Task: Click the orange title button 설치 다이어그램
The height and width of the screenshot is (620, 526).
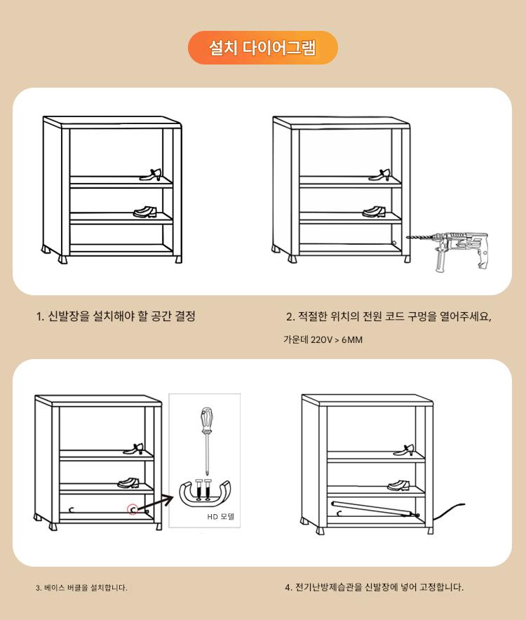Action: [x=262, y=48]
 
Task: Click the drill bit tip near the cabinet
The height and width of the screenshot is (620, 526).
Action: [x=407, y=238]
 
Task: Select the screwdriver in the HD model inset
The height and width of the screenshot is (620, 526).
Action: [x=206, y=440]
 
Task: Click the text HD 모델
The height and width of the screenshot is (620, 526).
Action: [x=221, y=516]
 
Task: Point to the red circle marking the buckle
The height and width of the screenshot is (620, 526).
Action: [x=133, y=510]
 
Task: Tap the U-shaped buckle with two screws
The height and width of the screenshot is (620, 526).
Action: [x=205, y=492]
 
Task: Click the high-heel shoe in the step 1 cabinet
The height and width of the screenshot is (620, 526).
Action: [x=151, y=175]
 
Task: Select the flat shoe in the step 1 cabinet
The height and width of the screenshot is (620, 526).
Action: [x=144, y=213]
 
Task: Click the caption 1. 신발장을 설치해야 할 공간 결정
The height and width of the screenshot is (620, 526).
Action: [x=116, y=316]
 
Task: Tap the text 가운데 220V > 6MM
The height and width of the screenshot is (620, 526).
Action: [x=323, y=339]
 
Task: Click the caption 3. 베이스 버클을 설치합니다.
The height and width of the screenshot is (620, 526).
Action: [x=81, y=588]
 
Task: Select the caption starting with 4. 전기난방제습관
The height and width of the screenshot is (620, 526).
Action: [x=374, y=587]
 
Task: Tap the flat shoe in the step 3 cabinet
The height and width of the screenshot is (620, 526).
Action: [x=128, y=483]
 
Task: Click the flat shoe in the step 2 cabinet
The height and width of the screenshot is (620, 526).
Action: [x=374, y=212]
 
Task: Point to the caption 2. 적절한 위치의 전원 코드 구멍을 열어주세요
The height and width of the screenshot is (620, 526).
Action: [x=389, y=316]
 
